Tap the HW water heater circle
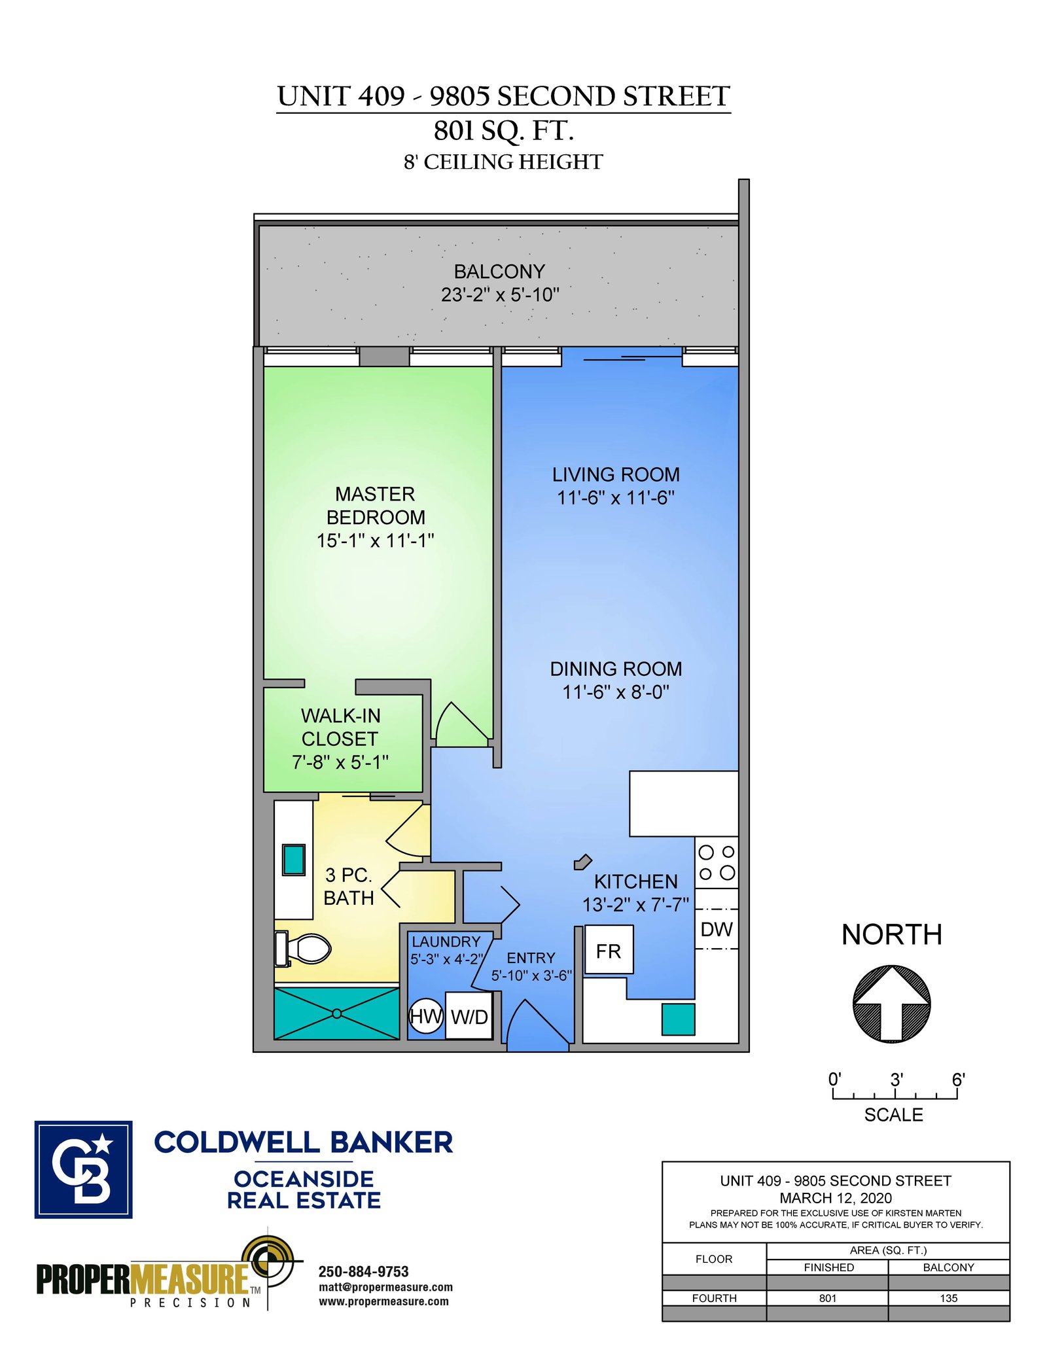pos(425,1016)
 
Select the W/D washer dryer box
pos(469,1015)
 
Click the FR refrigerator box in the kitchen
pos(609,950)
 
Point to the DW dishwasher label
pos(717,929)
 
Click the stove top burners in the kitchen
pos(717,862)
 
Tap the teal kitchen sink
pos(678,1019)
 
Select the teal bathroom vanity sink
pos(294,860)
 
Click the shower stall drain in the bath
pos(336,1013)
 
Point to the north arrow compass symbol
pos(891,1004)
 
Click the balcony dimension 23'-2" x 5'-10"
pos(500,295)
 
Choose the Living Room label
pos(616,474)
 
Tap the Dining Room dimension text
pos(616,692)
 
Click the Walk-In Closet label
pos(340,727)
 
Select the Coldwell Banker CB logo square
pos(83,1169)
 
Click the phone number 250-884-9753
pos(363,1271)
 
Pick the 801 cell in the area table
pos(828,1298)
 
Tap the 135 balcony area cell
pos(948,1298)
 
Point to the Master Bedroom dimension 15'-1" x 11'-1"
pos(376,540)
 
